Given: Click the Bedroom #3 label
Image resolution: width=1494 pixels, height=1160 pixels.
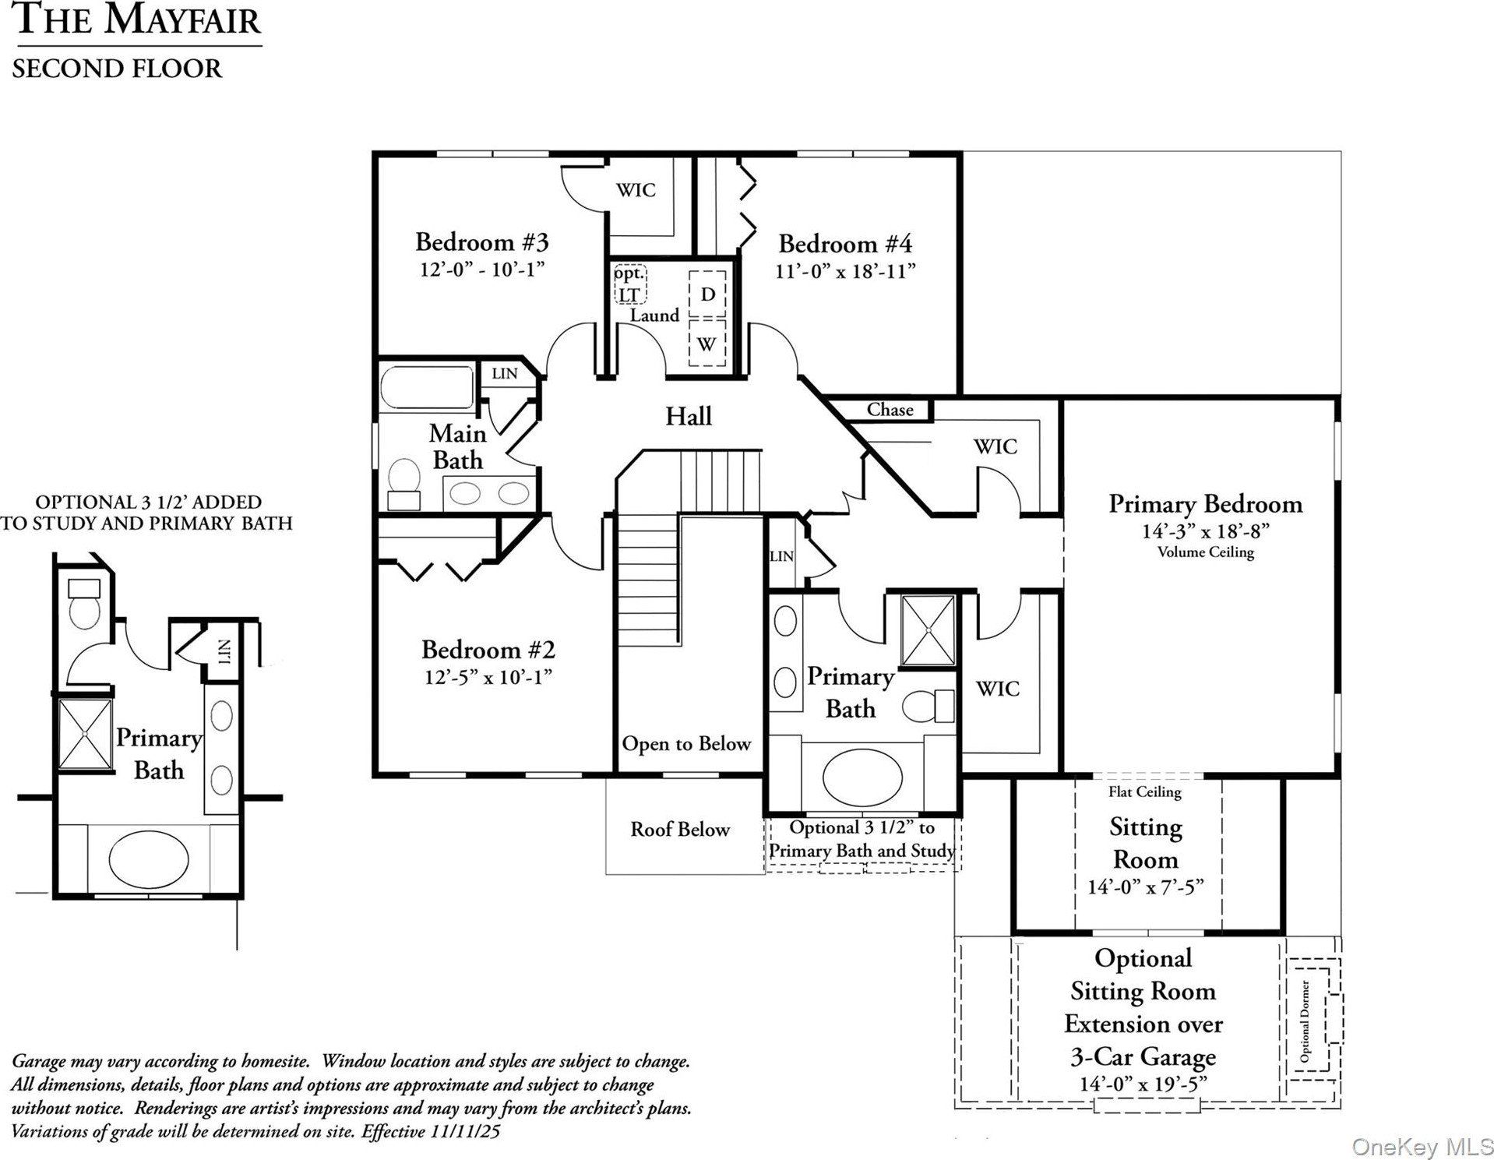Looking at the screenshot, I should tap(481, 242).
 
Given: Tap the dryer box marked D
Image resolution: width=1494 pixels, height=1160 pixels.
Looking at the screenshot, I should tap(707, 294).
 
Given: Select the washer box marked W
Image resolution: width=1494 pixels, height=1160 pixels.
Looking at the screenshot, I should tap(707, 344).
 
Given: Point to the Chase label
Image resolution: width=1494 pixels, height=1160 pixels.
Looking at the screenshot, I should tap(890, 410).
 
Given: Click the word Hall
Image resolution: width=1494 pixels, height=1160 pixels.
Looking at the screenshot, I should tap(688, 416).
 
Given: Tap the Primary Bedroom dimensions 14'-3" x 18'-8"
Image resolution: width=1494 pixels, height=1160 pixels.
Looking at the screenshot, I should tap(1205, 531).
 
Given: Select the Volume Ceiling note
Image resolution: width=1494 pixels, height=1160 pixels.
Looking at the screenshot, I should tap(1205, 552).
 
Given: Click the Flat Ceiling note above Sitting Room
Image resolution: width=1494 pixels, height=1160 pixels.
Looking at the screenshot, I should tap(1144, 792).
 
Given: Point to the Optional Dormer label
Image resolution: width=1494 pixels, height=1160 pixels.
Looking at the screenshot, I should tap(1305, 1021).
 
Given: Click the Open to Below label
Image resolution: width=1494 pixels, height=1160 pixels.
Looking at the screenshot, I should tap(685, 744).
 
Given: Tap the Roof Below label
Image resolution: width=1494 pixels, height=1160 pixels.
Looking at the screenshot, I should tap(680, 830).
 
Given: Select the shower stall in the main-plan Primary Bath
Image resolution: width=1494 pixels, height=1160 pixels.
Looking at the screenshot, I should tap(928, 630).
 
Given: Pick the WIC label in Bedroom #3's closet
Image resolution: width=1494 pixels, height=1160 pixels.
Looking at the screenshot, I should tap(636, 190).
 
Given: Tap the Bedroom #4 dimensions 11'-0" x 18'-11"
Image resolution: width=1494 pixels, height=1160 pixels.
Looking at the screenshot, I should tap(844, 271).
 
